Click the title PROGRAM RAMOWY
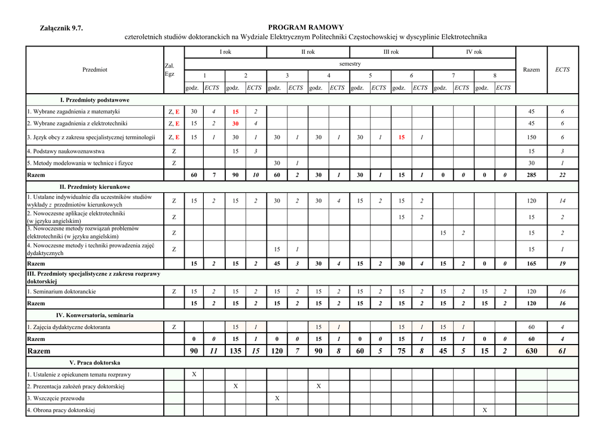[305, 27]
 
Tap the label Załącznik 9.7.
[61, 28]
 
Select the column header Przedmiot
[95, 70]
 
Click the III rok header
[391, 52]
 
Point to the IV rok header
[474, 52]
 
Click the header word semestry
[350, 64]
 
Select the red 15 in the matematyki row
[235, 112]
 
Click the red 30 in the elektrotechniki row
[235, 124]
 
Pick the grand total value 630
[531, 351]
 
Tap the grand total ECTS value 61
[562, 351]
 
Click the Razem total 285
[531, 175]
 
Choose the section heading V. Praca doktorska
[94, 363]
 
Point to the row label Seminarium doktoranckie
[62, 292]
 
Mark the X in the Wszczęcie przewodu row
[277, 398]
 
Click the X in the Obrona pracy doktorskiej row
[485, 410]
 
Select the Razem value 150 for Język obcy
[531, 137]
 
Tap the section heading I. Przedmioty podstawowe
[94, 100]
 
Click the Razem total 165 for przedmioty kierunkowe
[531, 263]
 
